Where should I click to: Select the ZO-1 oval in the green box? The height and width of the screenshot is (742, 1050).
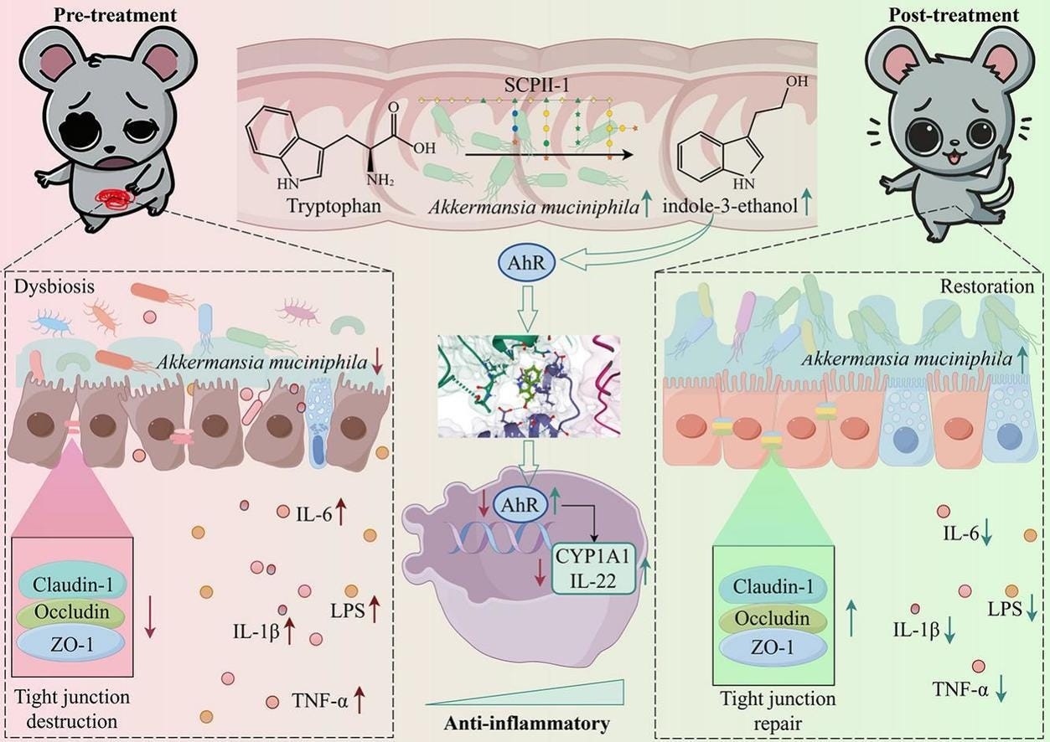[771, 647]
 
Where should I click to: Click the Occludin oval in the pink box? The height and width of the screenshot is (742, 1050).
[71, 612]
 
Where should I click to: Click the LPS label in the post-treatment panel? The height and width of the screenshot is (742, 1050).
[1003, 608]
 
